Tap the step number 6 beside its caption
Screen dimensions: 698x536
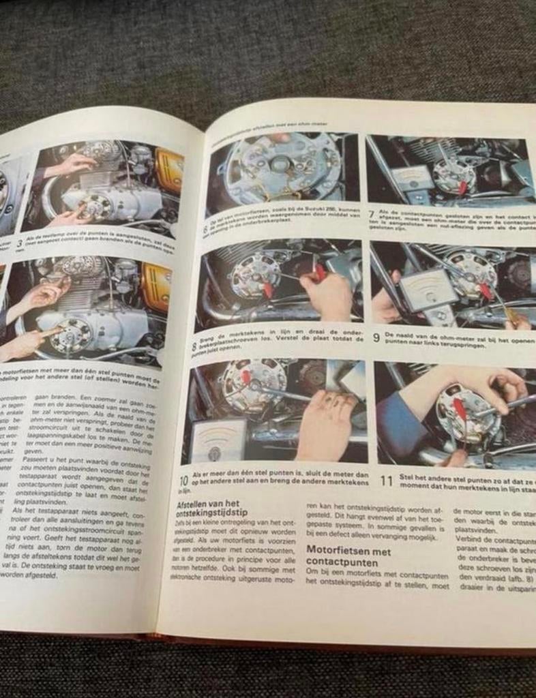(205, 230)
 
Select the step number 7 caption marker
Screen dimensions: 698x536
(372, 215)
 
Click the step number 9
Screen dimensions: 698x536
(376, 337)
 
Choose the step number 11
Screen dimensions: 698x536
(386, 481)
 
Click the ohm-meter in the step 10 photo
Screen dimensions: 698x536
(218, 440)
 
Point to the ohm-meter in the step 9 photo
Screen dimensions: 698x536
(428, 289)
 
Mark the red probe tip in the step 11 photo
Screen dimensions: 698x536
(461, 410)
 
